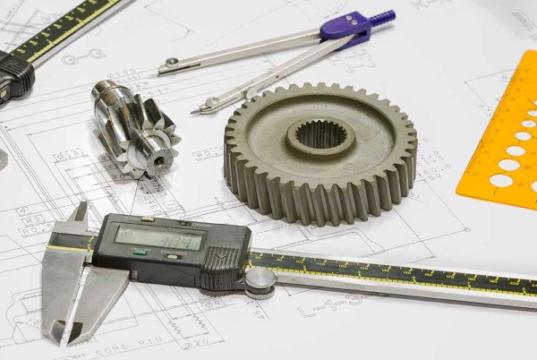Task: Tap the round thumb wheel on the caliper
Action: click(260, 282)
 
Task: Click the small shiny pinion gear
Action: click(134, 125)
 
